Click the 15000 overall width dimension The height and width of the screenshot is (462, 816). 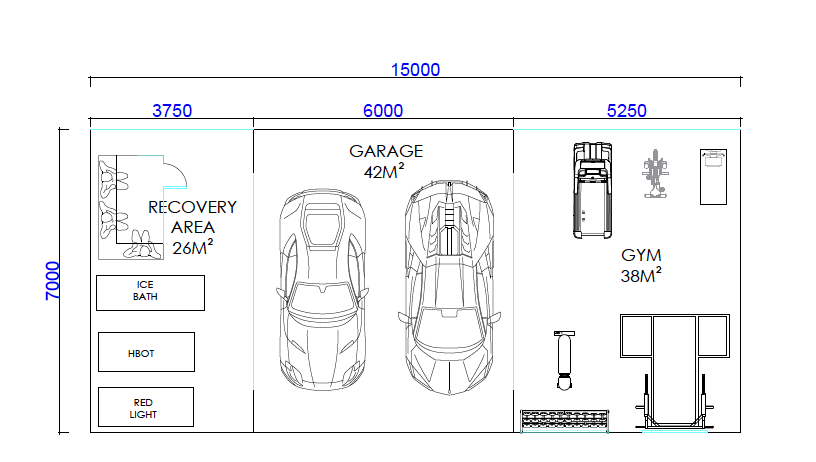[415, 70]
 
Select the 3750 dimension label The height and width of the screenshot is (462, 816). [172, 111]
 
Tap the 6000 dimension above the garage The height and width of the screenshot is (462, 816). [383, 111]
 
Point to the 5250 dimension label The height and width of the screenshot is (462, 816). [627, 111]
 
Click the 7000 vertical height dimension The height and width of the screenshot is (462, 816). [53, 281]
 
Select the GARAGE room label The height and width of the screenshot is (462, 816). [386, 151]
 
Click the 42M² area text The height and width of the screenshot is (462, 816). [384, 171]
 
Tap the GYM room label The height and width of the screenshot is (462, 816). [641, 255]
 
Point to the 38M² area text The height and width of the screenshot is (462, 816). [641, 275]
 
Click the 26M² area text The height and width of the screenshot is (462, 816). [193, 247]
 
